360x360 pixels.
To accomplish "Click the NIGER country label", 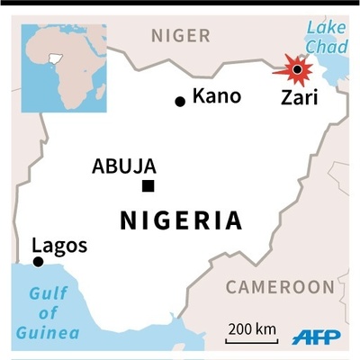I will pyautogui.click(x=180, y=36).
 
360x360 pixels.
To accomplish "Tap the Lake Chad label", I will pyautogui.click(x=326, y=36).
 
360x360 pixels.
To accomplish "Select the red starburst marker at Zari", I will pyautogui.click(x=295, y=69).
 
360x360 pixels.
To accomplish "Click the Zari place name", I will pyautogui.click(x=299, y=96).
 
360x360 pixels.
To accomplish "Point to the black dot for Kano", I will pyautogui.click(x=180, y=101).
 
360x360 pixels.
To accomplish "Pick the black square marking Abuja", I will pyautogui.click(x=148, y=186).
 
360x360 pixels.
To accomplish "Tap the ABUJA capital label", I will pyautogui.click(x=124, y=166).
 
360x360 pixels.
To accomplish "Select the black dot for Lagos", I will pyautogui.click(x=38, y=262).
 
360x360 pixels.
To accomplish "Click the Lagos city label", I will pyautogui.click(x=59, y=245).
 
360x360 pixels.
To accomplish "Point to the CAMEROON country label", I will pyautogui.click(x=279, y=287).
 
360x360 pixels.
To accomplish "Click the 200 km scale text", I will pyautogui.click(x=251, y=329).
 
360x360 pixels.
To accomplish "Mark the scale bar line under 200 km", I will pyautogui.click(x=252, y=341).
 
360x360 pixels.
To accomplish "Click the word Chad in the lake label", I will pyautogui.click(x=326, y=46).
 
